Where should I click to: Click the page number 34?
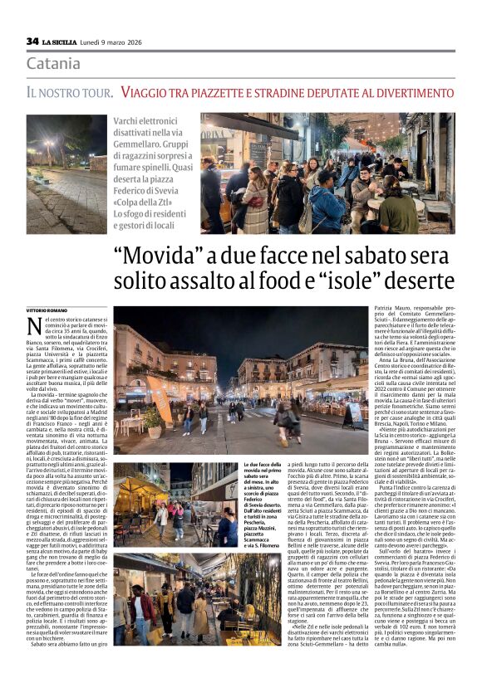point(32,41)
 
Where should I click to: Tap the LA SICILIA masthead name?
point(62,41)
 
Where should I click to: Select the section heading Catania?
point(53,64)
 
